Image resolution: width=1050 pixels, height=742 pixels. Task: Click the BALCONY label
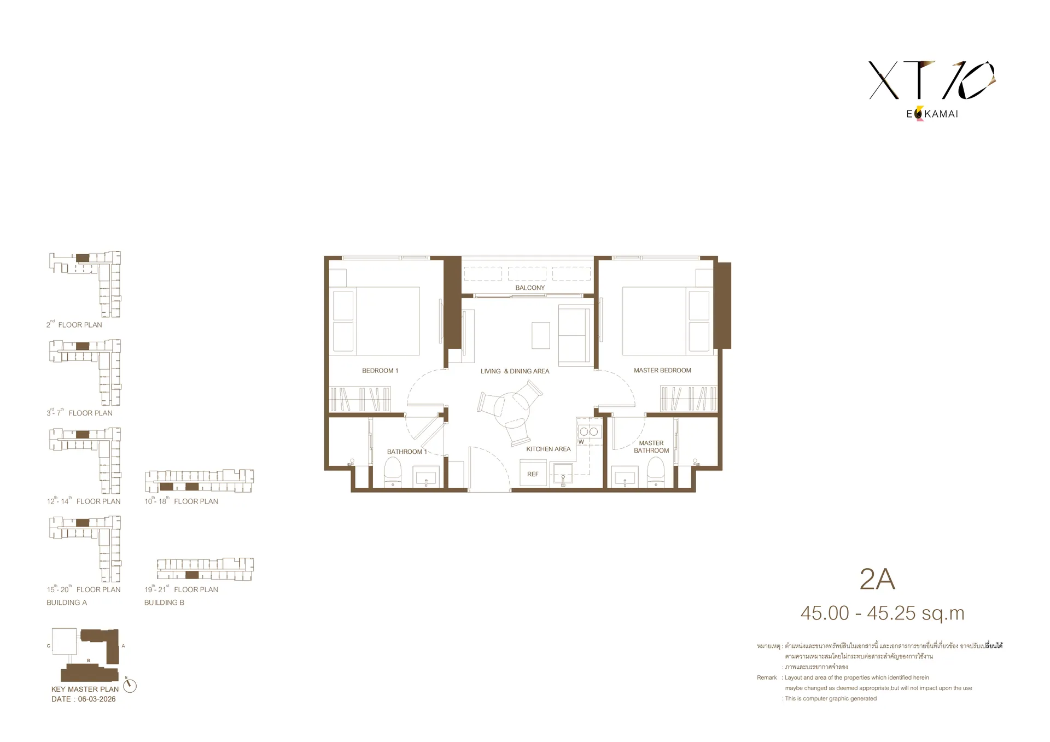(x=530, y=288)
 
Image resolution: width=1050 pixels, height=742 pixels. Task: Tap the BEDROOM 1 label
(x=380, y=371)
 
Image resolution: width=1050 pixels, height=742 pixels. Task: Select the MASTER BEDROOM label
(x=662, y=370)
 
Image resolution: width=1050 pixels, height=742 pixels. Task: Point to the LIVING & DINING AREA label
(x=515, y=371)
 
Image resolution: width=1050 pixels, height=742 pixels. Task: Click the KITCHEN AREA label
(x=548, y=449)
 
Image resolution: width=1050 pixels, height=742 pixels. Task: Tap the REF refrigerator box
(x=533, y=474)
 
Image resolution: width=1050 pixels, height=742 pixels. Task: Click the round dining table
(x=512, y=407)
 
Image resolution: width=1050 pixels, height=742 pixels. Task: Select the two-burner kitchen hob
(x=589, y=431)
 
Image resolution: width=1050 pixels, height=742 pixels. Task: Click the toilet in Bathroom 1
(x=393, y=472)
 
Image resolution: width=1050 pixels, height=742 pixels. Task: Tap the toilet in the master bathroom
(x=656, y=472)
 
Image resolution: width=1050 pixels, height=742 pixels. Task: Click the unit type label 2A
(x=877, y=580)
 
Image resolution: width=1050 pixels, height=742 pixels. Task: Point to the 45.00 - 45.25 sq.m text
(x=882, y=614)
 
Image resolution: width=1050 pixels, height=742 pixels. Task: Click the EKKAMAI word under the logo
(x=932, y=114)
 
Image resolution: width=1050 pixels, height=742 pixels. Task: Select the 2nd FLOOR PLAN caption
(x=74, y=324)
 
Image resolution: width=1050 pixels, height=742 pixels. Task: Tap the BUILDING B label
(x=164, y=603)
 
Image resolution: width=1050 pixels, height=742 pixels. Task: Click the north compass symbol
(x=130, y=685)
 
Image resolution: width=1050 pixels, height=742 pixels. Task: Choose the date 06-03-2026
(x=97, y=699)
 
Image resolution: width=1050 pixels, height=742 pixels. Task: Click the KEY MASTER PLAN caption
(x=85, y=689)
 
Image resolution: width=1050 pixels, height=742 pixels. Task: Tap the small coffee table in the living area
(x=541, y=335)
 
